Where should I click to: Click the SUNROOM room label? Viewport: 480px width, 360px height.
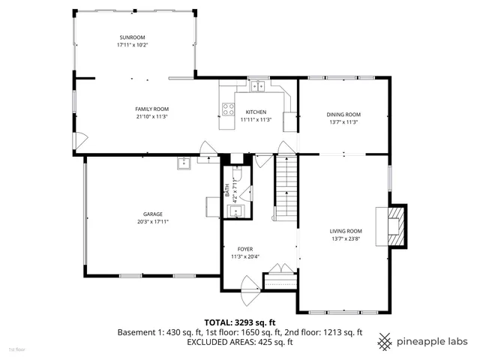pos(131,37)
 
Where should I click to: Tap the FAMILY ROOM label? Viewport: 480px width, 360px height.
pos(151,109)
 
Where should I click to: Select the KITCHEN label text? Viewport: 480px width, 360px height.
pos(255,112)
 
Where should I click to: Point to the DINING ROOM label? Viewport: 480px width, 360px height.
pos(343,114)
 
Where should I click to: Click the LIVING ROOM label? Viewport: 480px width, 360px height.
pos(346,231)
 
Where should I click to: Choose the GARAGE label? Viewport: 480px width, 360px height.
pos(153,214)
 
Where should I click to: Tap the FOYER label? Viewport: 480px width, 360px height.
pos(245,249)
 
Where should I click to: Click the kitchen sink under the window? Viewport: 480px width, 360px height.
pos(259,85)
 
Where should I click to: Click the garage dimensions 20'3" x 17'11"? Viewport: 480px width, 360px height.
pos(153,222)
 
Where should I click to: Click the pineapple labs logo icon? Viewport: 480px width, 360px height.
pos(385,341)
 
